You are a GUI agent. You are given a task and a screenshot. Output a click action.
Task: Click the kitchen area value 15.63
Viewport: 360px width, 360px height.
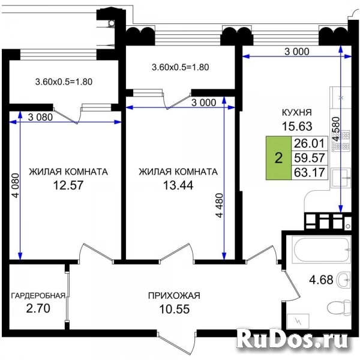[297, 126]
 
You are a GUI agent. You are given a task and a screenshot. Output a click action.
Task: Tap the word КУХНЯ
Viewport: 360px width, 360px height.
[297, 113]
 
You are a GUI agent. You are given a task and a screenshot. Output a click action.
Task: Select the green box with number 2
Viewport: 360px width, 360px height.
[278, 158]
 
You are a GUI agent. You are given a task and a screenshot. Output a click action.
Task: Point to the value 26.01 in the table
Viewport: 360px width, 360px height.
[309, 143]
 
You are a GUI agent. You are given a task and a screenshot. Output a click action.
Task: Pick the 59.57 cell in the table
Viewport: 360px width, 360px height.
[309, 158]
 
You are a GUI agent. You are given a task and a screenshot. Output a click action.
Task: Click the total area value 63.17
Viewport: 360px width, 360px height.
[309, 172]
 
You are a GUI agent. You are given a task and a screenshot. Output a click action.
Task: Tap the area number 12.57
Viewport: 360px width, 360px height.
[68, 185]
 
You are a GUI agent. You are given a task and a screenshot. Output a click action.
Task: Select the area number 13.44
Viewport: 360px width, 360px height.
[178, 185]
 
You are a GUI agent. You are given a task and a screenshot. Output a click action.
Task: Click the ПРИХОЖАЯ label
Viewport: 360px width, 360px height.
[174, 295]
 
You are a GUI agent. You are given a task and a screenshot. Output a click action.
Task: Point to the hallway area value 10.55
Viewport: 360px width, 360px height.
[174, 309]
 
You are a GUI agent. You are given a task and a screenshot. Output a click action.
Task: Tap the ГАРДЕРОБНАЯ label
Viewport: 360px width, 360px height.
[38, 295]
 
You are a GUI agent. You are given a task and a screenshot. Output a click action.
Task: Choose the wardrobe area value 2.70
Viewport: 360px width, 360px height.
[38, 308]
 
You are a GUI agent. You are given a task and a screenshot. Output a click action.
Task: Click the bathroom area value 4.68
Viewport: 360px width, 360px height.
[321, 280]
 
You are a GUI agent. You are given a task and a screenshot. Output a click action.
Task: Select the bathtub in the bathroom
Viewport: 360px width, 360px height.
[322, 250]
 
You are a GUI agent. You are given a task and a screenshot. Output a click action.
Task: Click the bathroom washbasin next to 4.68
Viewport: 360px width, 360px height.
[343, 280]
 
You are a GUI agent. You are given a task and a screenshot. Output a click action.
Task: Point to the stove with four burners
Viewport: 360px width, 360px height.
[341, 140]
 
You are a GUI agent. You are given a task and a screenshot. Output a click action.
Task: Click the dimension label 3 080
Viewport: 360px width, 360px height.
[40, 117]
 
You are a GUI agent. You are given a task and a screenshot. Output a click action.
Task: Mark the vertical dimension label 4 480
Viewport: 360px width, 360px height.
[220, 205]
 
